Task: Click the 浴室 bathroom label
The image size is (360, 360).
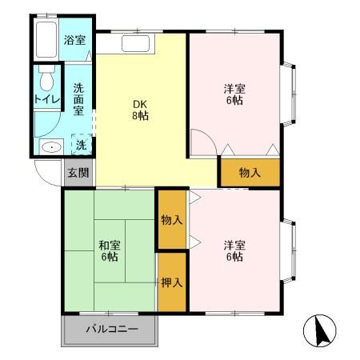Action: click(x=75, y=39)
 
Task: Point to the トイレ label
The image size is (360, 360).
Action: click(x=45, y=100)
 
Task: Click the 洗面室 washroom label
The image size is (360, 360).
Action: click(x=78, y=101)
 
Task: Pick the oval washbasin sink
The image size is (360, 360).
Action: click(x=52, y=146)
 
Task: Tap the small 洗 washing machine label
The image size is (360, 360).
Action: click(x=80, y=146)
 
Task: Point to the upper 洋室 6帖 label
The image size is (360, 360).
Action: click(x=233, y=95)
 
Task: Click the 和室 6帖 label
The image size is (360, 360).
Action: click(x=109, y=251)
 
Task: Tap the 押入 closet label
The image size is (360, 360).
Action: click(x=171, y=282)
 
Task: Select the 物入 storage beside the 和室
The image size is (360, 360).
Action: click(x=171, y=219)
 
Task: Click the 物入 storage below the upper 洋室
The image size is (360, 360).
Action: click(x=250, y=172)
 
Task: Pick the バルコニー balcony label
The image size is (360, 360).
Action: click(x=111, y=330)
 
